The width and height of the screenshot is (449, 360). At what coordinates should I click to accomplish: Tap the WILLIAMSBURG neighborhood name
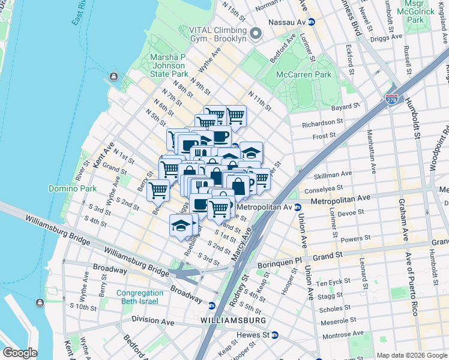(x=234, y=321)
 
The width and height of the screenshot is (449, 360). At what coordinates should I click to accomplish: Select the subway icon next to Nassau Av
(x=312, y=22)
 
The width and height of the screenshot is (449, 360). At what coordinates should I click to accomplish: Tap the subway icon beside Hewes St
(x=275, y=335)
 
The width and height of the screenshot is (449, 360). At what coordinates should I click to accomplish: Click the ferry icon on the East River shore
(x=113, y=77)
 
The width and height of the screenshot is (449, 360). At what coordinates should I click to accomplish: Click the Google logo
(x=20, y=353)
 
